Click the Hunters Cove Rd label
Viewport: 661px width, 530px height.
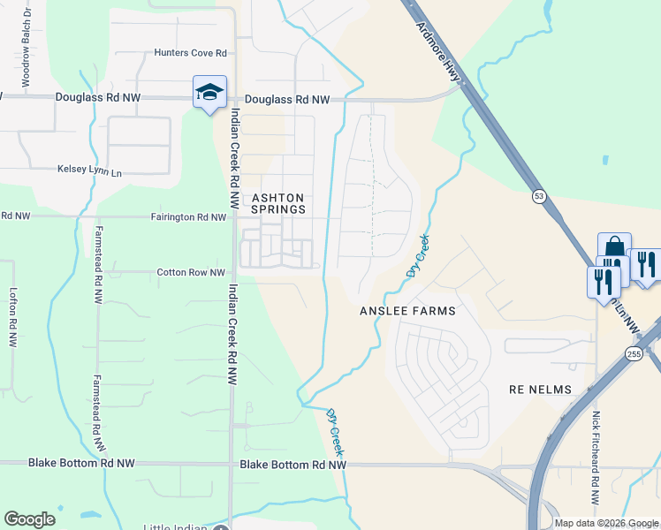(191, 53)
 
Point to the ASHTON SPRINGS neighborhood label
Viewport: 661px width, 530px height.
(278, 203)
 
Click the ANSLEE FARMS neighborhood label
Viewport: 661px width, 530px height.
(407, 311)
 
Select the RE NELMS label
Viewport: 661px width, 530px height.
(541, 390)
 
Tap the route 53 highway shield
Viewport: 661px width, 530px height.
(537, 195)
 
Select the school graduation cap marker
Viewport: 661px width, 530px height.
(210, 93)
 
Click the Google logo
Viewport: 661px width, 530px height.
(30, 519)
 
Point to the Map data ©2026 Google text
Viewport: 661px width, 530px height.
(606, 523)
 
